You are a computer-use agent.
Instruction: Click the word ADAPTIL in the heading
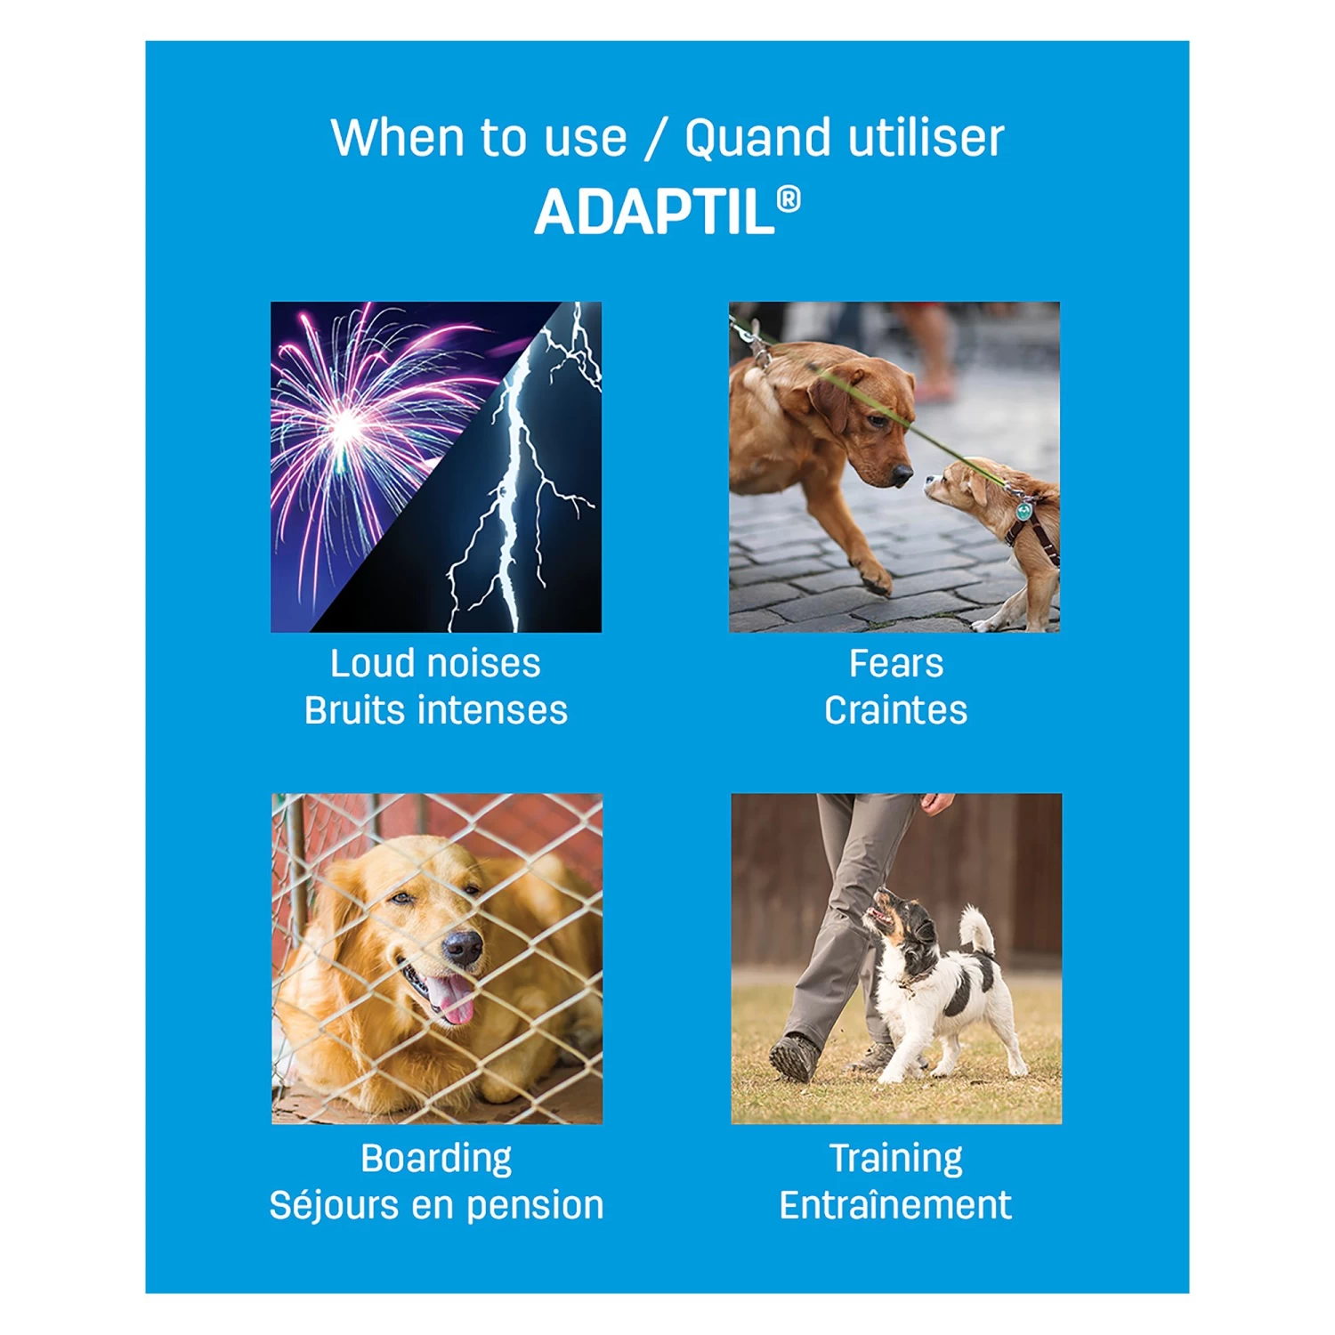654,213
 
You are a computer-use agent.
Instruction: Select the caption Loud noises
435,663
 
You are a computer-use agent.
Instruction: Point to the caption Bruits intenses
435,710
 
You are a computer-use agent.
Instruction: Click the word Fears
895,663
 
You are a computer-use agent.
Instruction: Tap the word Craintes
895,710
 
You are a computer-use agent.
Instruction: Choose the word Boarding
436,1158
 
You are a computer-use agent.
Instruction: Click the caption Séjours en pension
436,1205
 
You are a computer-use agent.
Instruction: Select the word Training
895,1158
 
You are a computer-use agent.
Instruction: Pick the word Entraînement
895,1205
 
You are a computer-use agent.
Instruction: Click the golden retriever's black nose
462,949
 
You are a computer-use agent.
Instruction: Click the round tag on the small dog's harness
1024,512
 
